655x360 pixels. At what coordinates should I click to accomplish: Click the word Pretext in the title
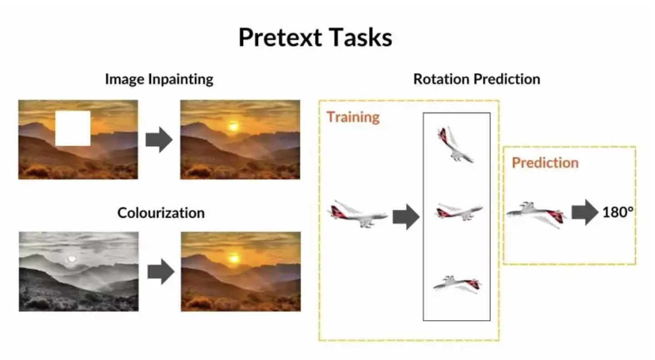point(280,38)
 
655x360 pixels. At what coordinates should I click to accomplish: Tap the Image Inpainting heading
point(159,79)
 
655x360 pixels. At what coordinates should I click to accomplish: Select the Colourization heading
point(161,213)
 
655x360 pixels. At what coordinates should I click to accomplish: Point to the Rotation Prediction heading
point(477,79)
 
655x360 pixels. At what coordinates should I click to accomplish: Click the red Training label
point(353,117)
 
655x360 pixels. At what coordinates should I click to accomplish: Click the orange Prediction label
point(545,163)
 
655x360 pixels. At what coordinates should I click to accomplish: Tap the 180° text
point(618,212)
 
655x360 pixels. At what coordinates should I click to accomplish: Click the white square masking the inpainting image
point(73,128)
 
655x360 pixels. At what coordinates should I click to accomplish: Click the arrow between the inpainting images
point(159,140)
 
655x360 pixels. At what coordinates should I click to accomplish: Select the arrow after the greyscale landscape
point(161,272)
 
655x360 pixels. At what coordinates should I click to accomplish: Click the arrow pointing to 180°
point(585,213)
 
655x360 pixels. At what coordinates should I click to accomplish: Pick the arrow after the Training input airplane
point(406,217)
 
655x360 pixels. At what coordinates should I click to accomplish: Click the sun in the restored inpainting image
point(233,127)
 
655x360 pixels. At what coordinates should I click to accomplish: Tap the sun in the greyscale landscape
point(72,259)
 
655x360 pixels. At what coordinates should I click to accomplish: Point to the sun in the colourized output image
point(234,259)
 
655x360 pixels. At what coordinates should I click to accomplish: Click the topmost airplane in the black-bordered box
point(455,145)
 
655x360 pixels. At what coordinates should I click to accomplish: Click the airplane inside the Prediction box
point(536,215)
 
